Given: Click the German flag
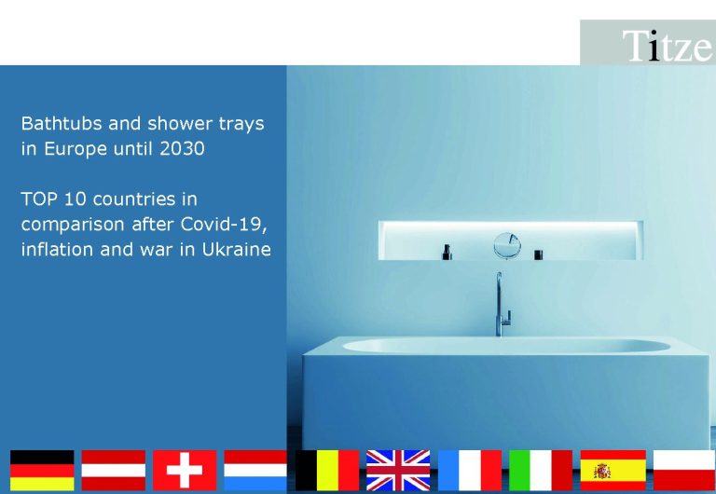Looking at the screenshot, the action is [42, 471].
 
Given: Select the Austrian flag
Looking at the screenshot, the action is [113, 471].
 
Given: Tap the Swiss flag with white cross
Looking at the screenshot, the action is [185, 471].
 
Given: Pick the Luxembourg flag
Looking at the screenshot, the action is [255, 471].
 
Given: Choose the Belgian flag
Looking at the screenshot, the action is [327, 471].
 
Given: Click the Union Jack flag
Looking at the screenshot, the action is [398, 471].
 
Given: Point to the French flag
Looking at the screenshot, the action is [470, 471].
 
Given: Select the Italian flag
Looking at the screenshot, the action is [541, 471].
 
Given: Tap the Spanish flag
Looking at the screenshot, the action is [613, 471].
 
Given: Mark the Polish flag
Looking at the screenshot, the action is [684, 471].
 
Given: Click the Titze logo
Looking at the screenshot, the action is [667, 46].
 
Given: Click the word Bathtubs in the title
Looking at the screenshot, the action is [62, 123].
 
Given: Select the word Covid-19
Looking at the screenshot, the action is [224, 225].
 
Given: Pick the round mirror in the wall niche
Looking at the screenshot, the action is [507, 246].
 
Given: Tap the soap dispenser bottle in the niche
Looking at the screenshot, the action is [447, 252].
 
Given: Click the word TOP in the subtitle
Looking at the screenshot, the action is [39, 199].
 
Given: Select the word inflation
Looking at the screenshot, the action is [57, 249].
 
